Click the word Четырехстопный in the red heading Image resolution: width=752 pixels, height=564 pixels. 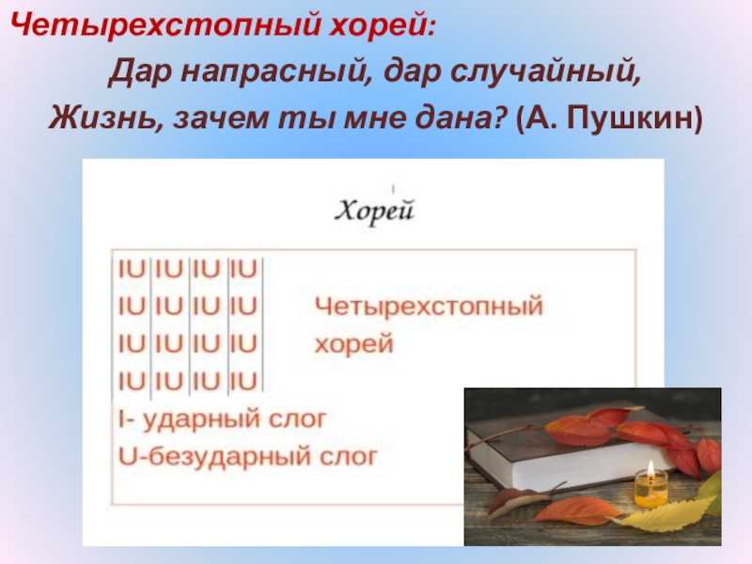(165, 24)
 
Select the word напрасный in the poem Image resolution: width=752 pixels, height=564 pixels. (276, 72)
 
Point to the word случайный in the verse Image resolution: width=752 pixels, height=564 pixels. (546, 72)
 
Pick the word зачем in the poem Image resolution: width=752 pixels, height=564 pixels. (220, 118)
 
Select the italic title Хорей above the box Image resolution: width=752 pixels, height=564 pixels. (374, 211)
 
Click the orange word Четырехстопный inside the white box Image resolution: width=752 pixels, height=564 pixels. (429, 306)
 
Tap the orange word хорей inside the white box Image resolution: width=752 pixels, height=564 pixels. (354, 343)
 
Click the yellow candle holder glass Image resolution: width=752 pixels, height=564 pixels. (650, 490)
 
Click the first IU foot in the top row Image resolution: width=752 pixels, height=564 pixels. (132, 269)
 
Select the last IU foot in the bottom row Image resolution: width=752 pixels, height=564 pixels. (243, 382)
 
